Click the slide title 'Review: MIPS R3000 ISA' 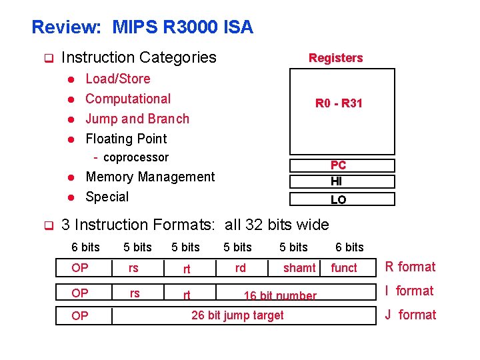142,27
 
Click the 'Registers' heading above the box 335,58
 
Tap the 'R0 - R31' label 339,103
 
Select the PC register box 339,165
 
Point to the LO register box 339,199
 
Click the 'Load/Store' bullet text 118,79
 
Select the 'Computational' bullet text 128,99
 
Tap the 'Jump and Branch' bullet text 137,119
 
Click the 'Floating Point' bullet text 126,139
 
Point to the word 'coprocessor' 136,157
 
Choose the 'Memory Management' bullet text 150,177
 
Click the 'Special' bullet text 107,197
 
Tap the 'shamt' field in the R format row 299,268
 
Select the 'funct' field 344,268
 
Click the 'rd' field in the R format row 240,267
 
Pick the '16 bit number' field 280,295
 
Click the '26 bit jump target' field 237,315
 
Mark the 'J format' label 410,315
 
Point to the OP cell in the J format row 80,316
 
